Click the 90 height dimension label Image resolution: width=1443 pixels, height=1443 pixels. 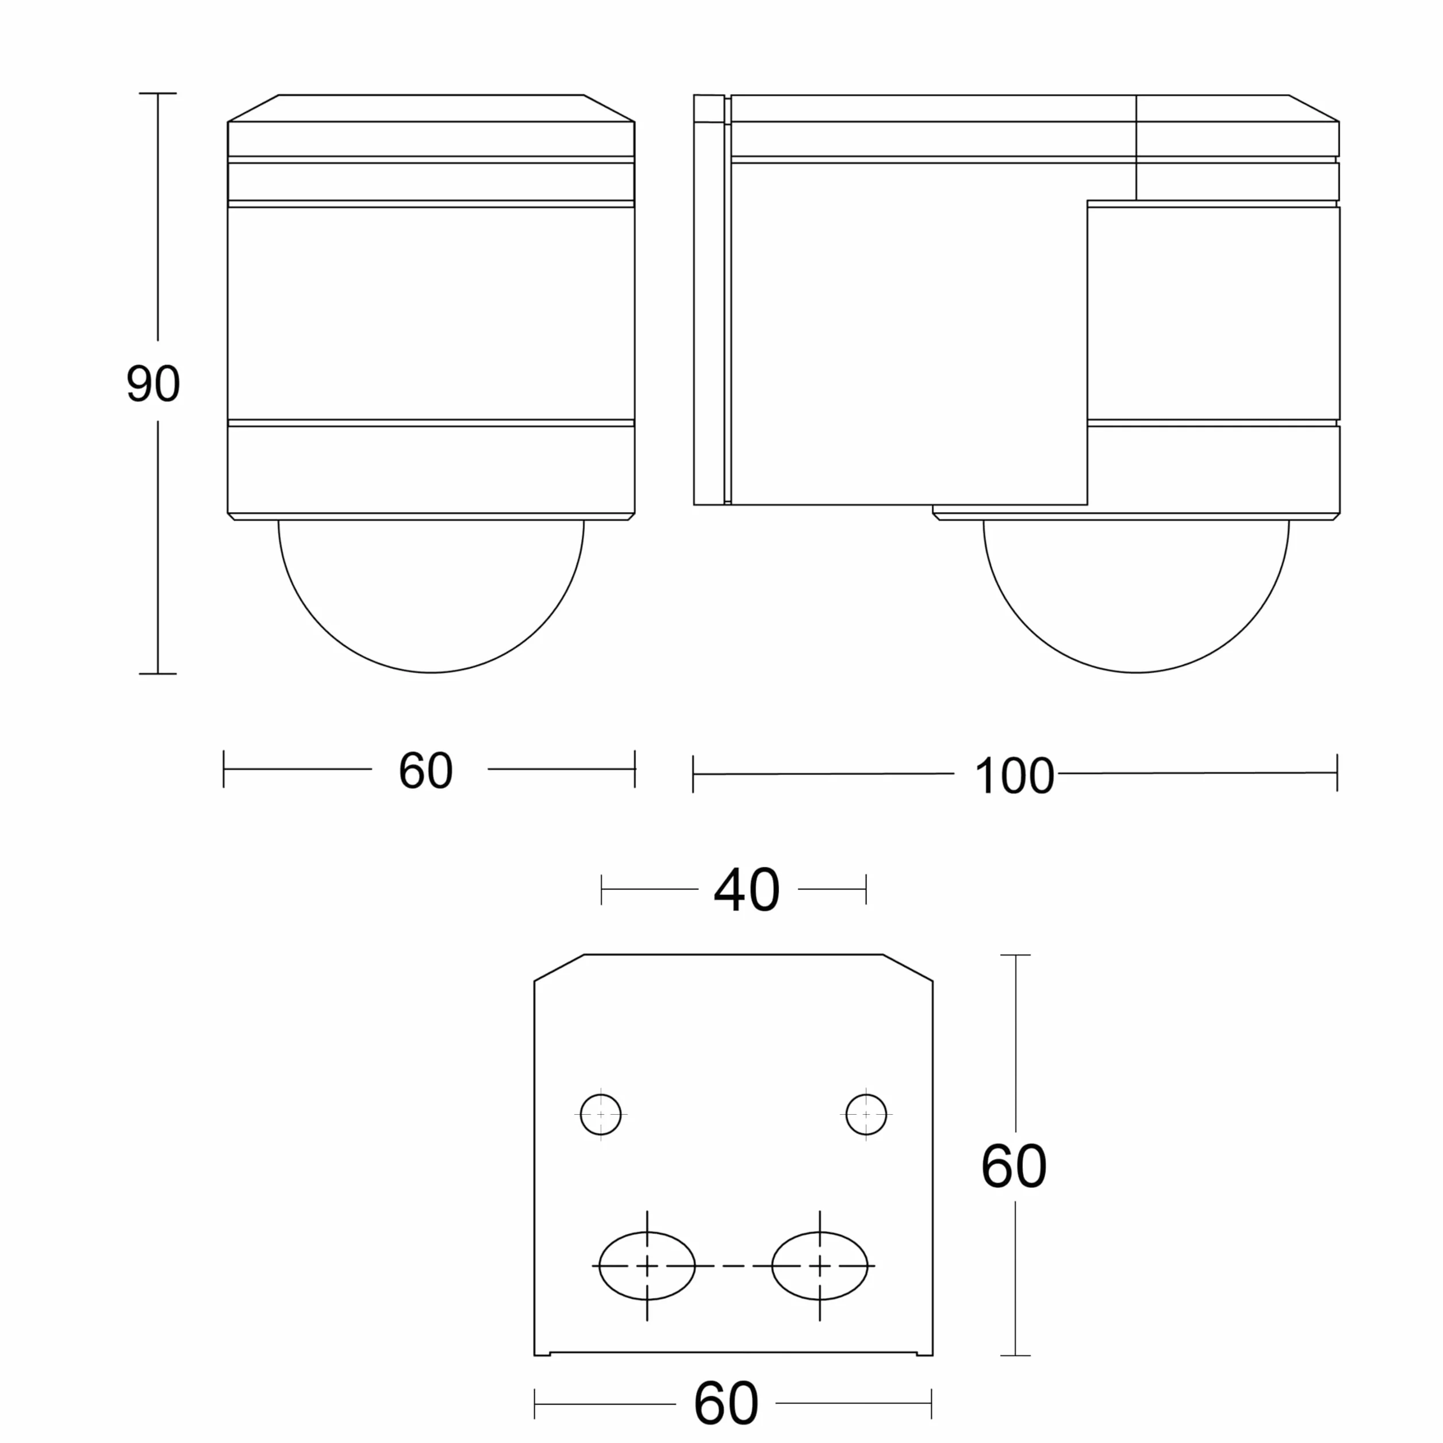pyautogui.click(x=153, y=384)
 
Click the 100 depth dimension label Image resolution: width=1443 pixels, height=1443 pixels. pyautogui.click(x=1014, y=776)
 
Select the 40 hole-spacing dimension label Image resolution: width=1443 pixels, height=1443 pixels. pyautogui.click(x=747, y=891)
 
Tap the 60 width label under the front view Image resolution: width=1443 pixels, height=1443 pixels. pyautogui.click(x=426, y=770)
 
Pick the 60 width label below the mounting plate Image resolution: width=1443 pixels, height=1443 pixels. pyautogui.click(x=726, y=1404)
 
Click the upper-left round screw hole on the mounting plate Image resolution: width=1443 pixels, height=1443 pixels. pyautogui.click(x=601, y=1114)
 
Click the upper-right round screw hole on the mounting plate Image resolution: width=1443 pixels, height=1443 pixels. pyautogui.click(x=866, y=1114)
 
